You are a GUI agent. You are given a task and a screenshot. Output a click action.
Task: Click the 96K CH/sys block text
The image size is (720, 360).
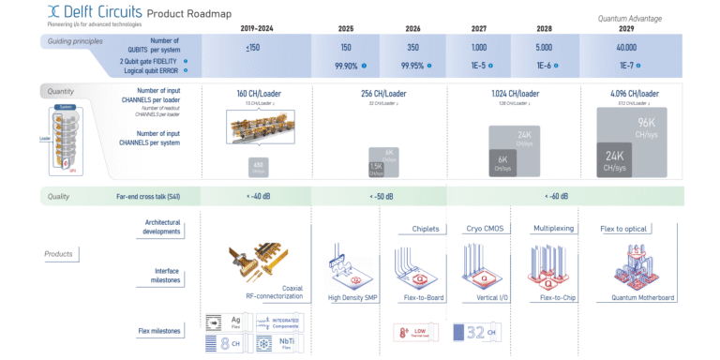point(647,127)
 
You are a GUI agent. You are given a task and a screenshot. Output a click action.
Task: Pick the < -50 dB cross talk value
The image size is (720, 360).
point(375,196)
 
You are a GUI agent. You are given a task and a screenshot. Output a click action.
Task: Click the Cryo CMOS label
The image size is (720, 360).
point(486,228)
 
